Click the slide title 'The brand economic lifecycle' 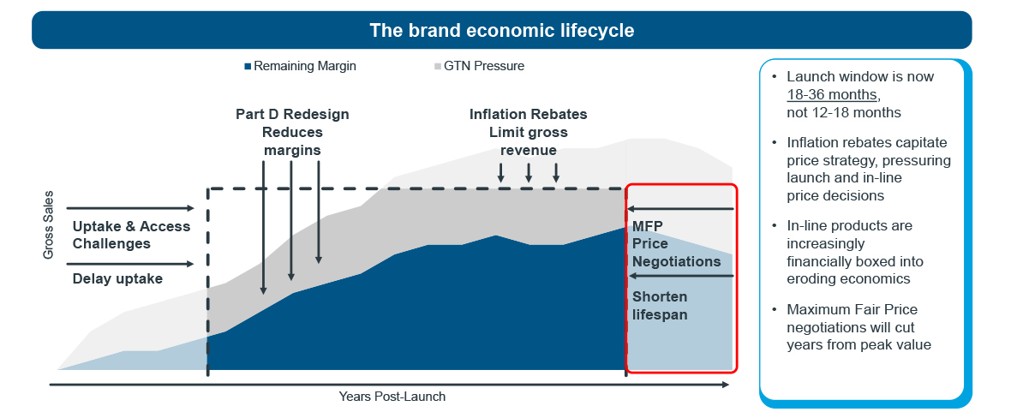501,30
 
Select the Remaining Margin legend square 248,67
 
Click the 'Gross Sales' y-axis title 48,225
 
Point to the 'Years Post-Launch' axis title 392,396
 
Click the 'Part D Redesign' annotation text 292,115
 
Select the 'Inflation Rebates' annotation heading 528,115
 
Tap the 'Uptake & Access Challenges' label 132,235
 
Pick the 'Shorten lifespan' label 660,306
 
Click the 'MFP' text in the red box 648,226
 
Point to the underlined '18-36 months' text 833,95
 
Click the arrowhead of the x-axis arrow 726,385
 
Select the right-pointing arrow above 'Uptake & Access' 130,208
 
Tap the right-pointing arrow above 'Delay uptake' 130,264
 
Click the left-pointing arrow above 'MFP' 681,209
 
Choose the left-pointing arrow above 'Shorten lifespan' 681,276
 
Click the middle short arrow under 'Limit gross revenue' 528,172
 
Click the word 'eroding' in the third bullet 811,278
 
